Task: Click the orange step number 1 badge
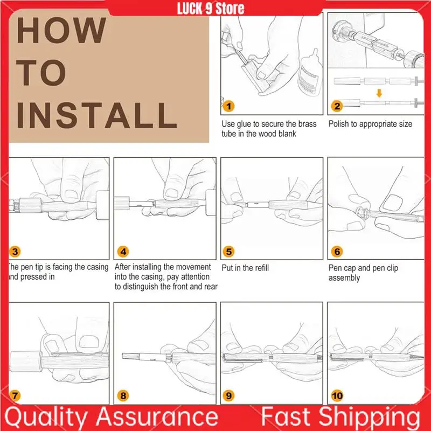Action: pos(228,106)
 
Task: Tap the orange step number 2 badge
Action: pos(337,106)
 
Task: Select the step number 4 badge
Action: pos(123,252)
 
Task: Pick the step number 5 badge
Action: pos(228,252)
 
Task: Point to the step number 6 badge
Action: pos(337,252)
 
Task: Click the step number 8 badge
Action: pos(123,396)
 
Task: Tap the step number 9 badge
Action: pos(228,396)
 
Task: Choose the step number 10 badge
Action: pos(337,396)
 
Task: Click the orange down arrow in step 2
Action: pos(379,93)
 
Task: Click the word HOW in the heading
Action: pos(61,30)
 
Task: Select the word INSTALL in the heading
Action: pos(97,115)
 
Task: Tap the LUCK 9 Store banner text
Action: pos(211,9)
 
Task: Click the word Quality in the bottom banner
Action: pos(46,417)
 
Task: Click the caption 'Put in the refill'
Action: pos(245,268)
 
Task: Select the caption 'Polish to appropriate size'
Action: pos(370,124)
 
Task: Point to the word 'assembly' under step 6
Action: pos(344,278)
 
